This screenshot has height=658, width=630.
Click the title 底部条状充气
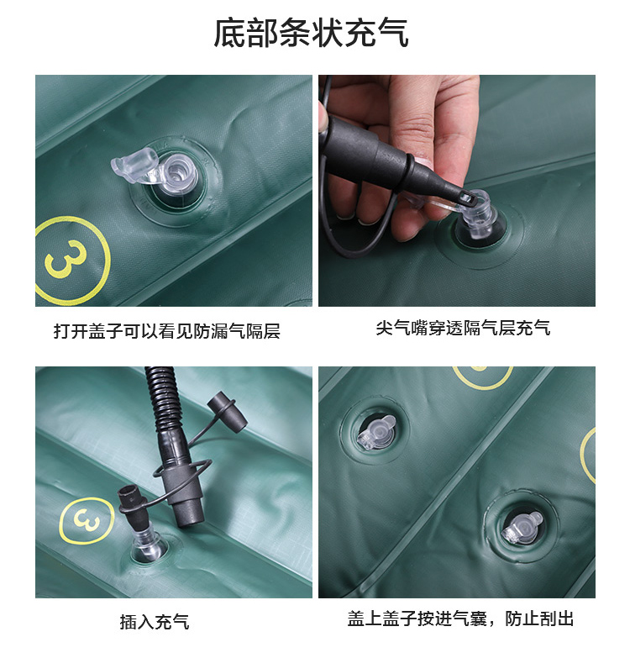pos(312,33)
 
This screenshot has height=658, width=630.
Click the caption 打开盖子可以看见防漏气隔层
pos(167,331)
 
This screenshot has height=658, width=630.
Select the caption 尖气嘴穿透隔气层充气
pos(463,328)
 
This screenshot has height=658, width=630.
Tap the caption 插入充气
pos(155,622)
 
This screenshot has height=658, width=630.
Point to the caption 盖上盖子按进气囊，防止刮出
pos(460,619)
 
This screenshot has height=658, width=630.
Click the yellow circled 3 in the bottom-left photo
pos(87,520)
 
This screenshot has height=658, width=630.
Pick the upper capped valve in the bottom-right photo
pos(375,432)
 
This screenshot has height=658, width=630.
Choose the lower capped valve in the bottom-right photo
pos(522,528)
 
